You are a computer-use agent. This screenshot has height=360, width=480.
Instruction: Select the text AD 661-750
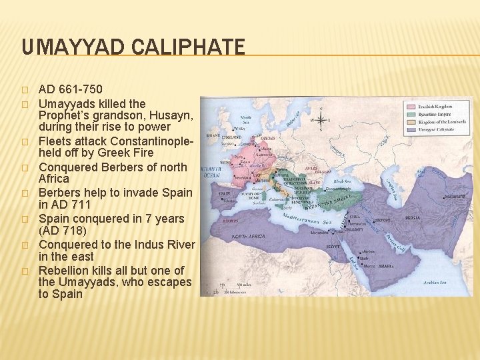pos(71,89)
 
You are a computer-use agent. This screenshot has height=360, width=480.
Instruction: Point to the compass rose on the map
pos(321,121)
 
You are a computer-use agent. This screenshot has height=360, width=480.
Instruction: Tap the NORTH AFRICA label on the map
pos(248,236)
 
